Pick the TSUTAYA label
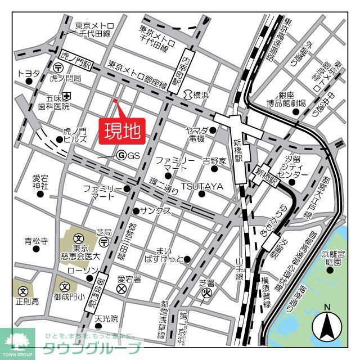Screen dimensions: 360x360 click(x=202, y=186)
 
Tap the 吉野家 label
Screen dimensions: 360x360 click(x=214, y=161)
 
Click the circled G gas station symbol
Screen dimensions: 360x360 click(x=120, y=156)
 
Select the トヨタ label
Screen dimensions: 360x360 click(x=29, y=73)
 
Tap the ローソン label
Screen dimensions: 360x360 click(x=85, y=271)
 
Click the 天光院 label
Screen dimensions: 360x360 click(x=106, y=319)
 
